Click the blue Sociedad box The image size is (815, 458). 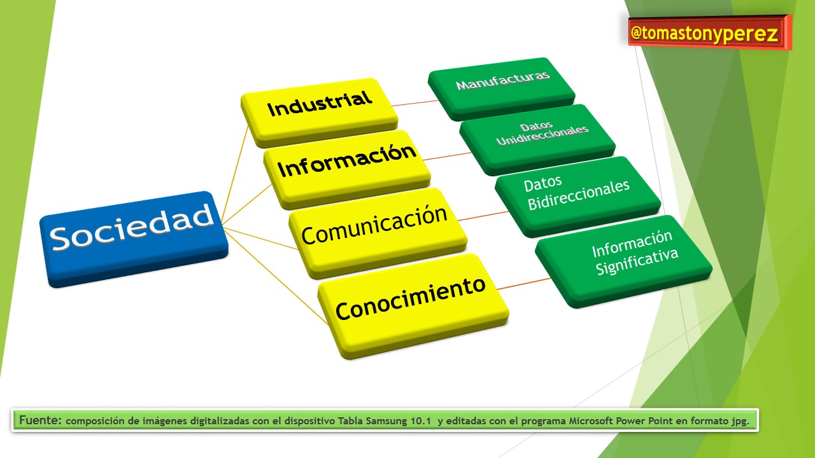click(134, 239)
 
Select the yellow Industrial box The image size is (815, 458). click(319, 112)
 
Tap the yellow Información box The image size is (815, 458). click(347, 169)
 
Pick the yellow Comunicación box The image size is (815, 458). click(378, 233)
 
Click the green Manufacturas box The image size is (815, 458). click(501, 88)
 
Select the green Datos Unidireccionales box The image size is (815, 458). click(537, 139)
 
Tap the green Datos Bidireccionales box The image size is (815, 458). click(578, 197)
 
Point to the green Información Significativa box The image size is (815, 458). click(623, 261)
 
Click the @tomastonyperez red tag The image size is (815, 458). click(709, 32)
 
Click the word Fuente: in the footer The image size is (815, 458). click(40, 420)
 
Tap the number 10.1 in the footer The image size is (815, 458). click(421, 421)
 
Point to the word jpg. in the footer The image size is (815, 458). click(739, 422)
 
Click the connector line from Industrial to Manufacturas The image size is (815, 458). click(415, 103)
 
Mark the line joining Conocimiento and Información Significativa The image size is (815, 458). click(524, 284)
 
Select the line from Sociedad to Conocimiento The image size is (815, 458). click(276, 276)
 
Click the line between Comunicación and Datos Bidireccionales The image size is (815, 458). click(483, 216)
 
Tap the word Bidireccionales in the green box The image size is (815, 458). click(579, 195)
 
